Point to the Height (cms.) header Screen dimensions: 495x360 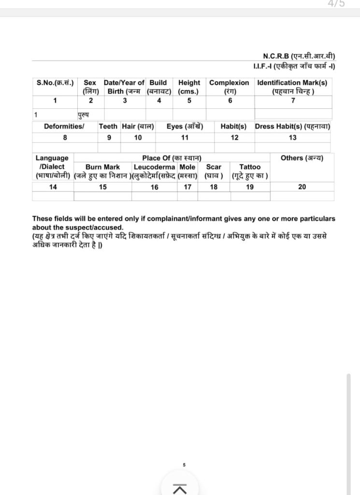tap(189, 87)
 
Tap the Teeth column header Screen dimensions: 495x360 tap(108, 126)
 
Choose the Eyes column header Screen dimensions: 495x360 tap(185, 126)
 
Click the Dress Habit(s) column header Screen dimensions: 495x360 tap(292, 126)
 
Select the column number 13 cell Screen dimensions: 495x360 tap(293, 138)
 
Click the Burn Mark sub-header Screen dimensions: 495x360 tap(102, 167)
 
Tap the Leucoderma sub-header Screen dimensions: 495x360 tap(155, 167)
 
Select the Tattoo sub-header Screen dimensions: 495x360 tap(250, 167)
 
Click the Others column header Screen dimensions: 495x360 tap(302, 158)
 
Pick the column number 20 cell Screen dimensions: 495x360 tap(302, 187)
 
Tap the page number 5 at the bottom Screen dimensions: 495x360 tap(184, 465)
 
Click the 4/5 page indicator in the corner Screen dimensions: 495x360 tap(336, 4)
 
